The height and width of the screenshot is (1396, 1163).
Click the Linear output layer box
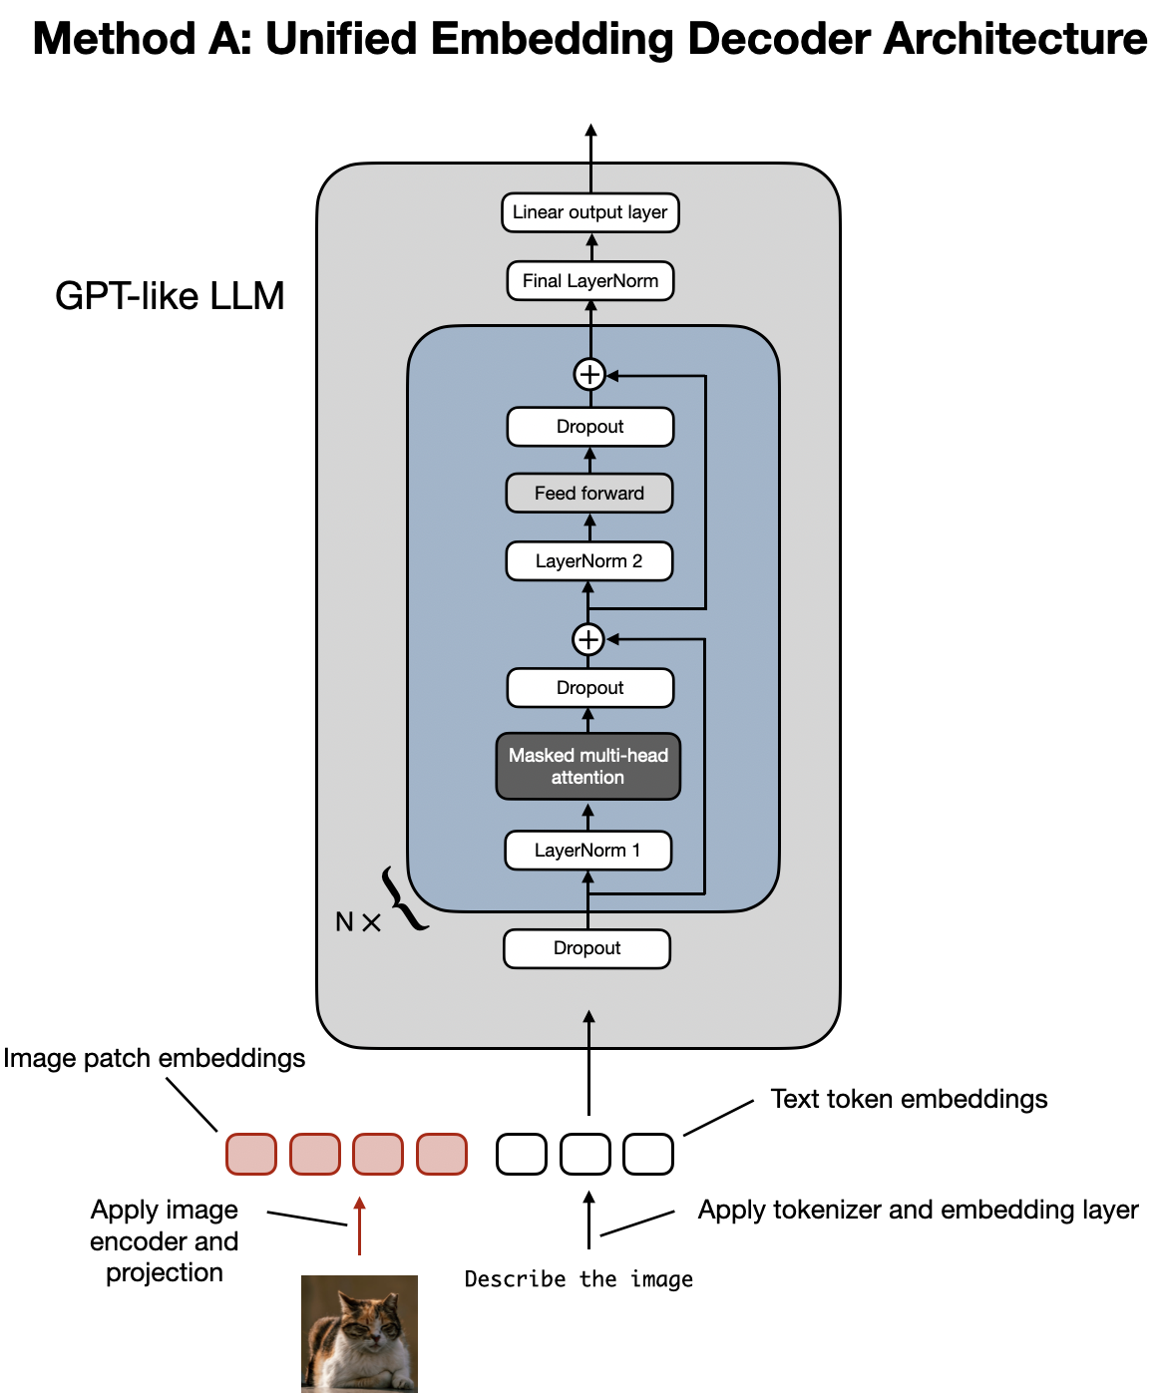(x=589, y=212)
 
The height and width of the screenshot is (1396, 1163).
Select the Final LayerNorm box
(x=589, y=281)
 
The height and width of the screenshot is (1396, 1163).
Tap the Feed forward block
(x=588, y=494)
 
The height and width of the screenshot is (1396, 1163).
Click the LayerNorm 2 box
(x=588, y=561)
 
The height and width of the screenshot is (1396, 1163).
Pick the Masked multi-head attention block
(x=587, y=767)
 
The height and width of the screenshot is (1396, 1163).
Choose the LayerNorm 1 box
(x=587, y=851)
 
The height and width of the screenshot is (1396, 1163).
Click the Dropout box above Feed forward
(x=589, y=427)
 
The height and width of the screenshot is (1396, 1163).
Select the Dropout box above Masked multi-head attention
(x=589, y=688)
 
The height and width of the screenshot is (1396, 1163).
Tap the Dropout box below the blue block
(x=586, y=948)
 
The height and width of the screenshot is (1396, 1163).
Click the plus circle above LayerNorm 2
(x=588, y=639)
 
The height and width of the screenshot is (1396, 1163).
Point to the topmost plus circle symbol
(x=589, y=375)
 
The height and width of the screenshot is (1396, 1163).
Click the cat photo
(x=359, y=1333)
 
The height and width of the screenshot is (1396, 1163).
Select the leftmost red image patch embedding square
(x=251, y=1154)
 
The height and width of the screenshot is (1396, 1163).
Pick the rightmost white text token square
(x=648, y=1154)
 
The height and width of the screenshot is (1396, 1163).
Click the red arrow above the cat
(x=359, y=1225)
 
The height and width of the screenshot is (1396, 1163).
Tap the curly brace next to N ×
(x=403, y=899)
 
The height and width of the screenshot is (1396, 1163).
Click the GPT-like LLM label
(x=170, y=296)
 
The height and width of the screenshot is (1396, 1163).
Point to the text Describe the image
(x=579, y=1279)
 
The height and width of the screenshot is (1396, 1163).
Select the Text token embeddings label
(x=909, y=1099)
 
